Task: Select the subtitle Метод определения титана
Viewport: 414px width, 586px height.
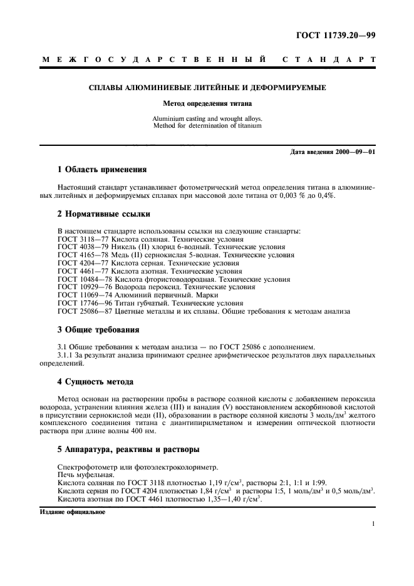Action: point(207,103)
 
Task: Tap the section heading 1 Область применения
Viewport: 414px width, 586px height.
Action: point(102,169)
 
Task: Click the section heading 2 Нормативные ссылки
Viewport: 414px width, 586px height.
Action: point(104,214)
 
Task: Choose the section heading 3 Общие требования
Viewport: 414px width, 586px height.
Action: point(98,329)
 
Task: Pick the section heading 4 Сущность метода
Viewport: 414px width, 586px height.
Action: point(95,381)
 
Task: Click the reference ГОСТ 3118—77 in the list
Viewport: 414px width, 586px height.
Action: point(79,239)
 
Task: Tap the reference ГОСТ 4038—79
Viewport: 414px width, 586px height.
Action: point(79,247)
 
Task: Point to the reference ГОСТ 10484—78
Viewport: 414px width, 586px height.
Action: point(81,279)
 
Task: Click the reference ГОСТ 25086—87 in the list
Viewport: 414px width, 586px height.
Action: point(81,311)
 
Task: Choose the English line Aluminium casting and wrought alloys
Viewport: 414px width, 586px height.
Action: point(207,118)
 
